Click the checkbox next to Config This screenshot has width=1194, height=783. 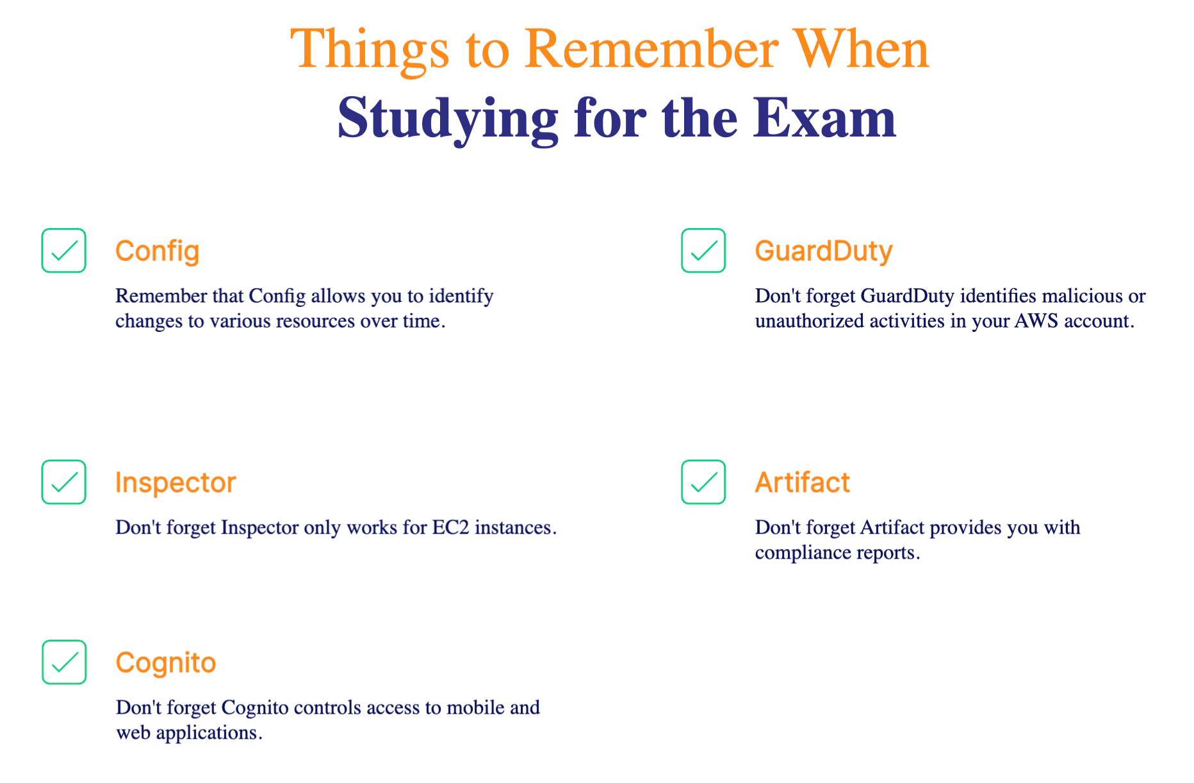pos(64,251)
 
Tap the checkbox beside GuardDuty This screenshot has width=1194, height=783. pos(703,251)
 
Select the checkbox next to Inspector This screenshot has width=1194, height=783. pos(64,482)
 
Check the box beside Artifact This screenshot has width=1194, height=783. pos(703,482)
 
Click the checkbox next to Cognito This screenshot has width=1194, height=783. pos(64,662)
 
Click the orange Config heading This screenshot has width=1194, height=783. pos(158,252)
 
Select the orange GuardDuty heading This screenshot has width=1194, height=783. pos(824,252)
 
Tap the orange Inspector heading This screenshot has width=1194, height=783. pos(176,483)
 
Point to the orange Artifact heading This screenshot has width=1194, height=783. pos(803,482)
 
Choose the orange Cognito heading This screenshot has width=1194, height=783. pos(166,663)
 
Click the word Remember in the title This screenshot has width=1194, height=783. pos(651,49)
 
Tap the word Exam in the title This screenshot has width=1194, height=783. pos(824,118)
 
